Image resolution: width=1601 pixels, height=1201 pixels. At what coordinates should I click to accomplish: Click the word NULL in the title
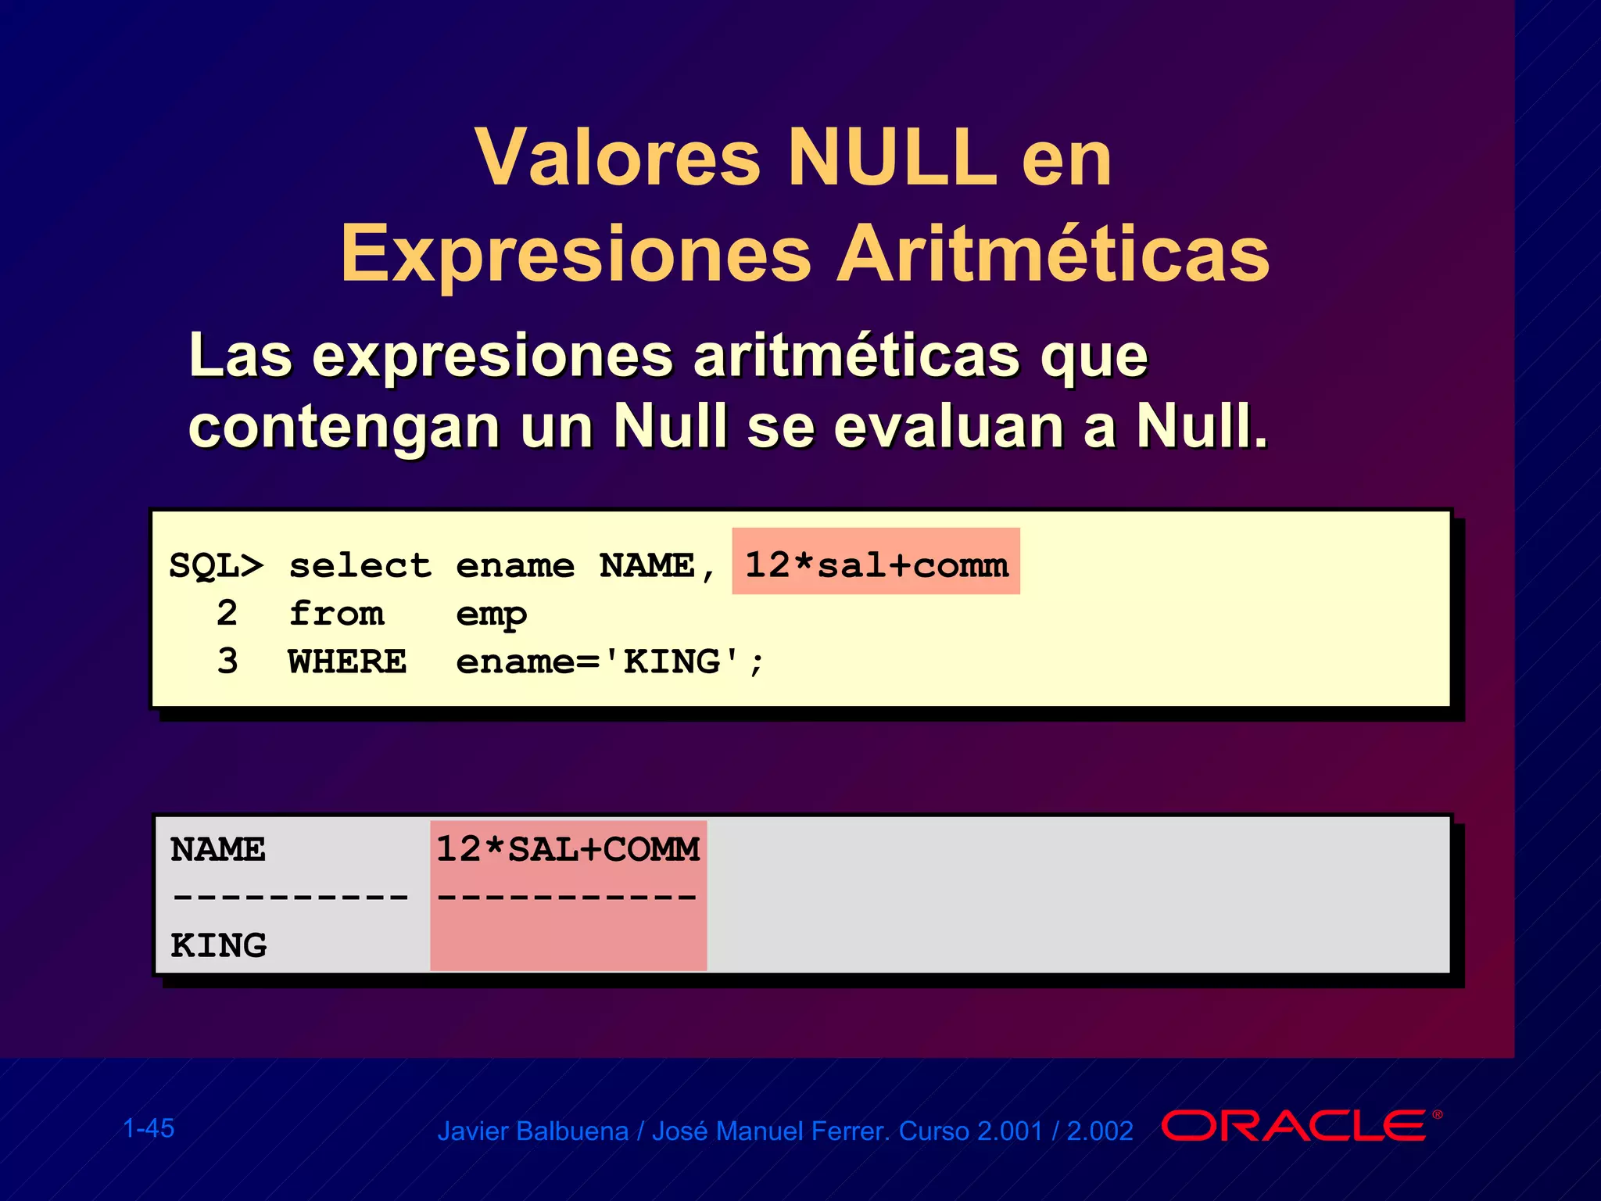pos(892,158)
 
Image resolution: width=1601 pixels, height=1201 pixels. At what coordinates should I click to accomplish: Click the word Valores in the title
pos(618,158)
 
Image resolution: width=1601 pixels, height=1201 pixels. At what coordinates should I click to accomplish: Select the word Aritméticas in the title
pos(1053,254)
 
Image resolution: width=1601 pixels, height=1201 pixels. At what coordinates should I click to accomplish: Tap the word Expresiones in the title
pos(576,254)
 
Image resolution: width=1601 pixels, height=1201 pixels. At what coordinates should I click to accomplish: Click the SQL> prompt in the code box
pos(216,565)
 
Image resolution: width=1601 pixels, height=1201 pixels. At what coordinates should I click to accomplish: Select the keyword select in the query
pos(360,565)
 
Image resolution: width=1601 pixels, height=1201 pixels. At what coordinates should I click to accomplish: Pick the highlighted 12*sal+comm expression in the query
pos(876,565)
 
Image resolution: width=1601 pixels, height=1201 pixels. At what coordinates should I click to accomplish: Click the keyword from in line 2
pos(336,614)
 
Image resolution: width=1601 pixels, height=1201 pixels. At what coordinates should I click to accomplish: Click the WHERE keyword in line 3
pos(347,662)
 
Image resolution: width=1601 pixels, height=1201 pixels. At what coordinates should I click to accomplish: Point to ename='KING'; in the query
pos(610,662)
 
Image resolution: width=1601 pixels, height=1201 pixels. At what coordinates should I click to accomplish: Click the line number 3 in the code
pos(227,662)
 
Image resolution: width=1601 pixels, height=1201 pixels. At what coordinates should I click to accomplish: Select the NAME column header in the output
pos(218,850)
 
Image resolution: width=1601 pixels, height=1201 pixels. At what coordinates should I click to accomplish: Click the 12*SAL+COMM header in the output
pos(568,850)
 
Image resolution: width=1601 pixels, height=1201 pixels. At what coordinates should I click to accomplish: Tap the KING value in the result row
pos(219,946)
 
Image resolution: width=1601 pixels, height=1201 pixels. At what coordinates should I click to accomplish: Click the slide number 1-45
pos(149,1128)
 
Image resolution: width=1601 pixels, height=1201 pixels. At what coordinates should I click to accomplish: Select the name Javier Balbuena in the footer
pos(532,1131)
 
